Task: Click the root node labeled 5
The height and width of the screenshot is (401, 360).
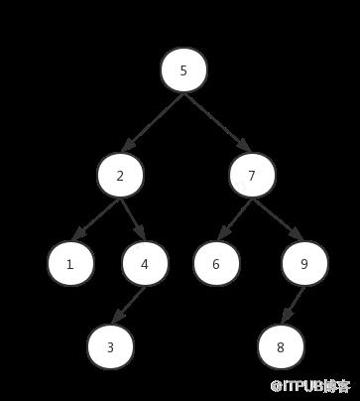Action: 183,70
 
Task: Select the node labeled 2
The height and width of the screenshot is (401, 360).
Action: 120,176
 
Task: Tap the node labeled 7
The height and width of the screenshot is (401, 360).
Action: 252,176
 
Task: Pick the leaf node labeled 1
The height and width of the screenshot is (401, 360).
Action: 70,264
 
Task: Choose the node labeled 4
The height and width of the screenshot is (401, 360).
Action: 145,264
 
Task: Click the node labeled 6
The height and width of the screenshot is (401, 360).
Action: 216,264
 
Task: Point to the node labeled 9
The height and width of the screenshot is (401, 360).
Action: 304,264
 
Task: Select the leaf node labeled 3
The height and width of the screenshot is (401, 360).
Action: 110,346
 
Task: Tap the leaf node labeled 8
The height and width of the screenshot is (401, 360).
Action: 281,346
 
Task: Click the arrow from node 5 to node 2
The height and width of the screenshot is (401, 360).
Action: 153,123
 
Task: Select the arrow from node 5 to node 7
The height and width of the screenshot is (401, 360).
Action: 217,123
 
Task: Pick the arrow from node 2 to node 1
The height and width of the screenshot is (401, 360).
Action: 96,219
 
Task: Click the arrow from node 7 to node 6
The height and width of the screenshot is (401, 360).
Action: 235,219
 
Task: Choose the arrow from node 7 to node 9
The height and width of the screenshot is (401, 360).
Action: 278,219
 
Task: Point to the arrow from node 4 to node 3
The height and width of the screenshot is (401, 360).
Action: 128,305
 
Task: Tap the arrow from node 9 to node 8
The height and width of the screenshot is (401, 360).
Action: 293,305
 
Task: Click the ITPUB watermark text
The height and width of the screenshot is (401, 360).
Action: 310,386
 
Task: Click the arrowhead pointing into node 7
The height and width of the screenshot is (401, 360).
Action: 245,146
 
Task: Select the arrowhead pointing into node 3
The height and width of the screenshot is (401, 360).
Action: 117,318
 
